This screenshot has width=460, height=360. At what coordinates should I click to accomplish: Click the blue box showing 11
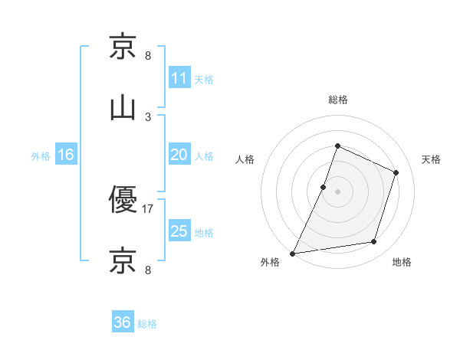point(179,77)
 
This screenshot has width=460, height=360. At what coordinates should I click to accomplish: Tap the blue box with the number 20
point(179,155)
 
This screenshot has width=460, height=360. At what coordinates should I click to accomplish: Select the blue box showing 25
point(179,231)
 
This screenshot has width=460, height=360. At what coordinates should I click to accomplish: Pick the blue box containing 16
point(65,155)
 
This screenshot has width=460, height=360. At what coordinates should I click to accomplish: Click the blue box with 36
point(122,322)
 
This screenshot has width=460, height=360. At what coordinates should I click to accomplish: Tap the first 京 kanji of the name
point(123,47)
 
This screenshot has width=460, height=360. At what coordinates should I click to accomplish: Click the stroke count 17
point(148,208)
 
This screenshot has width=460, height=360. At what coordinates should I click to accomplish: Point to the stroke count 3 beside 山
point(148,116)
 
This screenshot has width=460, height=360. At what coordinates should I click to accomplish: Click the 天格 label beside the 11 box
point(204,79)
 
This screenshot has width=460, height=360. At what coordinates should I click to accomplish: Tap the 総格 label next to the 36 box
point(147,324)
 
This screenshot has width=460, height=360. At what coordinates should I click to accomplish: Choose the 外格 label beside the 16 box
point(41,156)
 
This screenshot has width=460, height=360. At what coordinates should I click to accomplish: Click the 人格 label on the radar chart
point(245,159)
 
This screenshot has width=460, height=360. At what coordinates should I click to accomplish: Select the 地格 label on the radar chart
point(402,262)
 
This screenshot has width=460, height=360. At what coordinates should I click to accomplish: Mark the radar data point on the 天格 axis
point(396,172)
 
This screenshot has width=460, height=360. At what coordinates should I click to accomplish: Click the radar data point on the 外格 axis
point(292,254)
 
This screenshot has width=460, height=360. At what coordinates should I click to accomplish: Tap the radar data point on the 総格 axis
point(337,146)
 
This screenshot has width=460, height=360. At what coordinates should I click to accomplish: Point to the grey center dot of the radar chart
point(337,191)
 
